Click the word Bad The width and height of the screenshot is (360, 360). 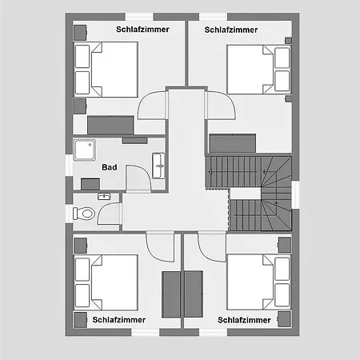click(110, 167)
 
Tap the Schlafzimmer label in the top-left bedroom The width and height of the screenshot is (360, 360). click(142, 30)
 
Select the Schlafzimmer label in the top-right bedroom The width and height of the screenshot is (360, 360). click(231, 30)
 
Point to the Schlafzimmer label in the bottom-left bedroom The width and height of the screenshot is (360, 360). click(119, 320)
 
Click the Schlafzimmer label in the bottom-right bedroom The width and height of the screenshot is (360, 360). click(244, 320)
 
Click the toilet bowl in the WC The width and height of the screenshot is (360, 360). click(84, 214)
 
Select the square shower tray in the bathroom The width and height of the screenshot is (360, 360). click(84, 150)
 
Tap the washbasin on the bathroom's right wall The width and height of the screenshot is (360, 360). click(158, 166)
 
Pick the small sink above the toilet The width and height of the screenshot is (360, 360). click(104, 197)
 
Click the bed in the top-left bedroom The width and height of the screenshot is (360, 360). click(106, 70)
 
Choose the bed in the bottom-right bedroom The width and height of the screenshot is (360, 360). click(258, 282)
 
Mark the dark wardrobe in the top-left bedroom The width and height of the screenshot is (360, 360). click(110, 125)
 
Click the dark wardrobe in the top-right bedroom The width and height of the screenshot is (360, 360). click(233, 143)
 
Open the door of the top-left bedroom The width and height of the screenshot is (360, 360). click(152, 105)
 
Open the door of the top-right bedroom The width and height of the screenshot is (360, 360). click(220, 105)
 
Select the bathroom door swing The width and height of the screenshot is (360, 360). click(138, 178)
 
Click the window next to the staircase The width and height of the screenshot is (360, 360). click(295, 195)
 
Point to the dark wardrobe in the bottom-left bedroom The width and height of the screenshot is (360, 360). click(171, 294)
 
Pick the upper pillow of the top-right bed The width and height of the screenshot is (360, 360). click(282, 58)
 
